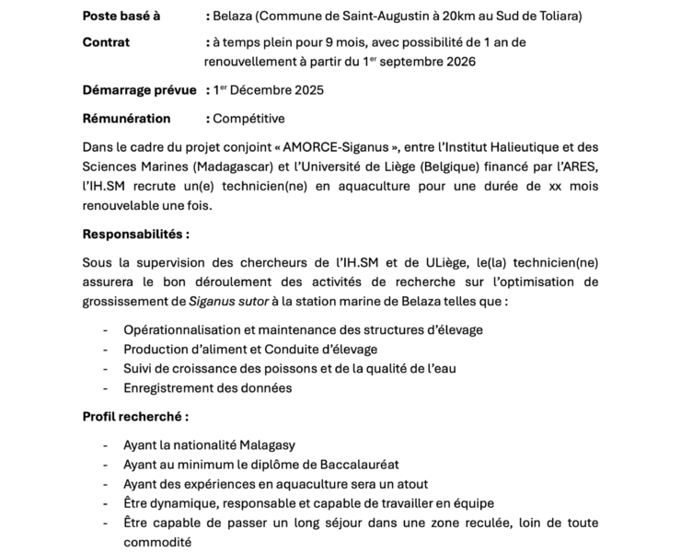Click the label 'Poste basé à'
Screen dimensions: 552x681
pyautogui.click(x=121, y=17)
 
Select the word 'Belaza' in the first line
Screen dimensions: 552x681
pyautogui.click(x=234, y=17)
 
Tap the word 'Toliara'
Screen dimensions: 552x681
pyautogui.click(x=558, y=17)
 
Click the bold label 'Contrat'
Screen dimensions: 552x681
pyautogui.click(x=106, y=42)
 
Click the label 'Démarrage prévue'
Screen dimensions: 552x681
pyautogui.click(x=139, y=90)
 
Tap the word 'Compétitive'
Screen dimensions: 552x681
pyautogui.click(x=248, y=119)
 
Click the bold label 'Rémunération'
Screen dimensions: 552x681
pyautogui.click(x=126, y=119)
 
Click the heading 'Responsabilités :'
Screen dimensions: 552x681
pyautogui.click(x=135, y=234)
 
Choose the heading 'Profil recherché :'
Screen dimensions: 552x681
pyautogui.click(x=134, y=417)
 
